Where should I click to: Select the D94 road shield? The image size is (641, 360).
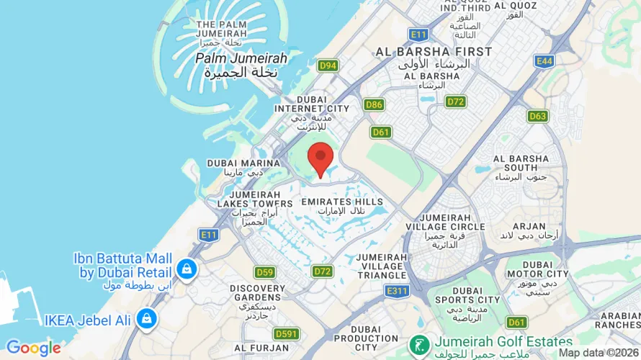click(x=328, y=66)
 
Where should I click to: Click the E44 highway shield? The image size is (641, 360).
click(x=544, y=61)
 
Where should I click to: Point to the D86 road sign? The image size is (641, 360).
click(x=374, y=105)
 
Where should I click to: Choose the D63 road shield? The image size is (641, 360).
click(x=537, y=115)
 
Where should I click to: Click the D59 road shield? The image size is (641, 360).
click(x=265, y=272)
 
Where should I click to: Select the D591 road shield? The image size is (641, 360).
click(x=286, y=334)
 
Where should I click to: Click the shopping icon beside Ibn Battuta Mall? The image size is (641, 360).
click(x=187, y=269)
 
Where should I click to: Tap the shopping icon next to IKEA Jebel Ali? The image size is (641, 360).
click(x=146, y=318)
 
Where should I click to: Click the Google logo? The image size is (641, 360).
click(x=33, y=348)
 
